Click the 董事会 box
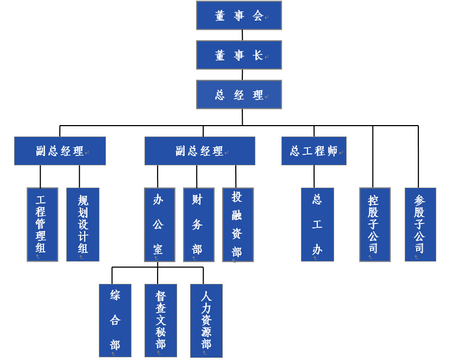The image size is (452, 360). point(239,15)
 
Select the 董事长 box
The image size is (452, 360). point(239,55)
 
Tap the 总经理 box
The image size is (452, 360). point(239,95)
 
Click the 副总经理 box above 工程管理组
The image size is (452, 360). point(60,151)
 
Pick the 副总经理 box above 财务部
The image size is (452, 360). point(199,151)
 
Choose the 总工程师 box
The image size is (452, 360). point(314,151)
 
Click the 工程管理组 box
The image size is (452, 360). point(42,224)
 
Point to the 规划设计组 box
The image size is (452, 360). point(83,224)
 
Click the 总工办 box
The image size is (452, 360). point(317,224)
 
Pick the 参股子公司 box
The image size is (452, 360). point(420,224)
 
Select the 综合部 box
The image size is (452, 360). point(115,320)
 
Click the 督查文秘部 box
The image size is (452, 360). point(161,320)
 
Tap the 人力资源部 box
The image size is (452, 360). point(206,320)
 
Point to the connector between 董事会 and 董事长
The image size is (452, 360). point(242,35)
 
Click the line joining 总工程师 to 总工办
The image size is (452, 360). point(314,176)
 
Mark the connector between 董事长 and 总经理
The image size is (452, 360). point(242,75)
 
